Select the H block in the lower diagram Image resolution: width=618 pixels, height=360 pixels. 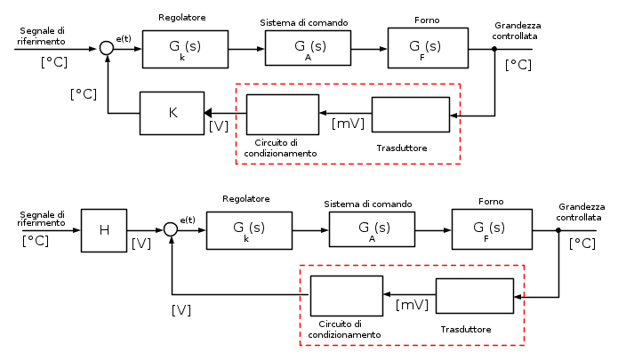[x=104, y=229]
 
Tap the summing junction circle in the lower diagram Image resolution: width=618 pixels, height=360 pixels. [x=171, y=229]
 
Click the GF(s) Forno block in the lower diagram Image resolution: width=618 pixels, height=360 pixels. [x=491, y=229]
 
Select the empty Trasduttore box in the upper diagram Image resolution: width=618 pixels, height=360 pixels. [x=410, y=114]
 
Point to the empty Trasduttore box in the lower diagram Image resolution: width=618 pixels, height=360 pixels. [x=474, y=296]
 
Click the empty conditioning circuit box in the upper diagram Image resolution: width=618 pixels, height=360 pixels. [x=282, y=113]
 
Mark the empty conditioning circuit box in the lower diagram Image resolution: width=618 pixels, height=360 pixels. [x=346, y=296]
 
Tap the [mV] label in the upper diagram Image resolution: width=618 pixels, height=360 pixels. [x=348, y=124]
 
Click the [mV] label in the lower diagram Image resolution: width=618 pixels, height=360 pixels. [x=412, y=305]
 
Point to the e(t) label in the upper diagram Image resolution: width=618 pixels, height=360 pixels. [x=124, y=37]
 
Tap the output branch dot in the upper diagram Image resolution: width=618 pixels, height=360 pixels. [x=494, y=49]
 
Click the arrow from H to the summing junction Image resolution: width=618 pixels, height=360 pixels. [x=145, y=229]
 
